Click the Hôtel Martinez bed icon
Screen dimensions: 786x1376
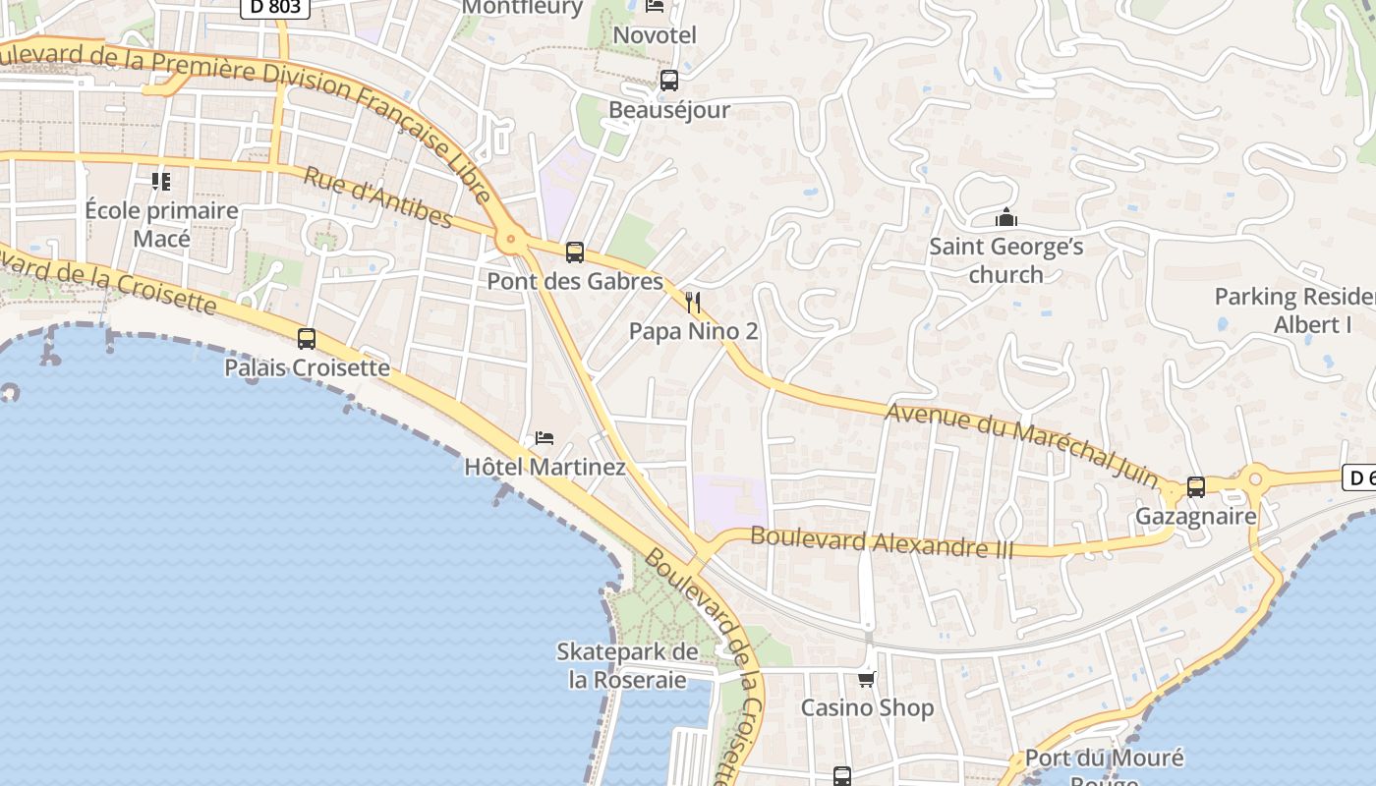pos(545,437)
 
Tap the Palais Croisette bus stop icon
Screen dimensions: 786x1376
pos(307,339)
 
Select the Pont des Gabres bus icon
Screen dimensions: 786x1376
pos(575,253)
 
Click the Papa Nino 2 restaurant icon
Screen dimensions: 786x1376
pos(694,302)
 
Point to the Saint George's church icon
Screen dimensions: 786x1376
pos(1005,217)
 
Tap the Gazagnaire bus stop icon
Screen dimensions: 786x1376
pos(1196,486)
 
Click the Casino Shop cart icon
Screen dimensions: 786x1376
pos(867,679)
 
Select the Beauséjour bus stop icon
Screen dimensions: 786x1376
pos(669,81)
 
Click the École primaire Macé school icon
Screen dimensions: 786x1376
pos(161,182)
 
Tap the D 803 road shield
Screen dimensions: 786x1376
pos(275,8)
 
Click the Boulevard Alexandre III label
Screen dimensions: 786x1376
pos(882,542)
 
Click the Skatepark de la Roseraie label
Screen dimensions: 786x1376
pos(627,665)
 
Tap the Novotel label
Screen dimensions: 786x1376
pos(655,35)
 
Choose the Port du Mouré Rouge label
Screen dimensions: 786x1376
pos(1104,766)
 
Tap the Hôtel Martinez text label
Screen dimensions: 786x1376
pos(545,467)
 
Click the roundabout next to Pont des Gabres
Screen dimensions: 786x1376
pos(509,238)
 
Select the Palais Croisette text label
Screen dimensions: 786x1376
pos(307,367)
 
